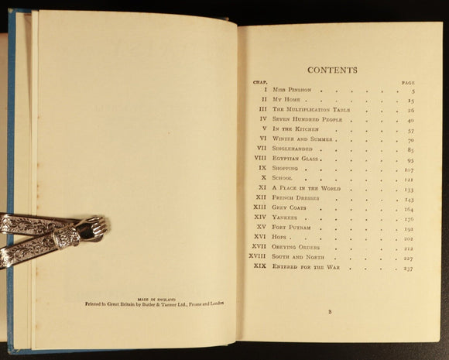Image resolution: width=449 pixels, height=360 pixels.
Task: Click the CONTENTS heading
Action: (x=333, y=69)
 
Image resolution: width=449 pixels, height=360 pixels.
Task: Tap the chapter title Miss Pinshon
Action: (x=293, y=90)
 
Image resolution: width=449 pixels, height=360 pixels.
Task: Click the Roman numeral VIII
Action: (x=260, y=158)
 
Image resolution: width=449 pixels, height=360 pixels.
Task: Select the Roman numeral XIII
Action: (x=259, y=208)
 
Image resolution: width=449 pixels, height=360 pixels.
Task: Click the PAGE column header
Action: (x=409, y=81)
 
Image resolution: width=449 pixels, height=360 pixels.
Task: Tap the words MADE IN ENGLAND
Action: (x=156, y=298)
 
